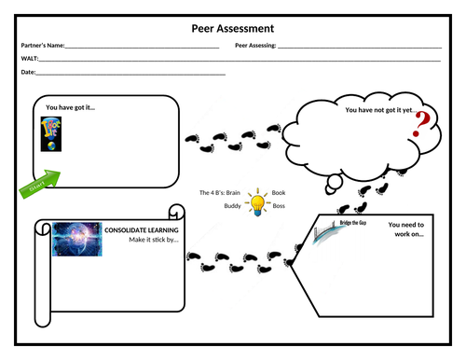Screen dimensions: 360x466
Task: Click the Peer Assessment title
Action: point(233,29)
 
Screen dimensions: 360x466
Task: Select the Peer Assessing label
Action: point(255,45)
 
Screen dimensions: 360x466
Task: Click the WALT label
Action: point(29,58)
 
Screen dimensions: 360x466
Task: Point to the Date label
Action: point(28,72)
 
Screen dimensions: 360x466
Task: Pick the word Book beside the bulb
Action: point(278,192)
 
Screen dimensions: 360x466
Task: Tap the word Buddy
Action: point(232,205)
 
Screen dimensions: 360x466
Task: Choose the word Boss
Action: point(278,205)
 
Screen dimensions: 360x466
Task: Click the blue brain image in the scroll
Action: point(76,239)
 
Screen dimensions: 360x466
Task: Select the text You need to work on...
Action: point(406,229)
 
